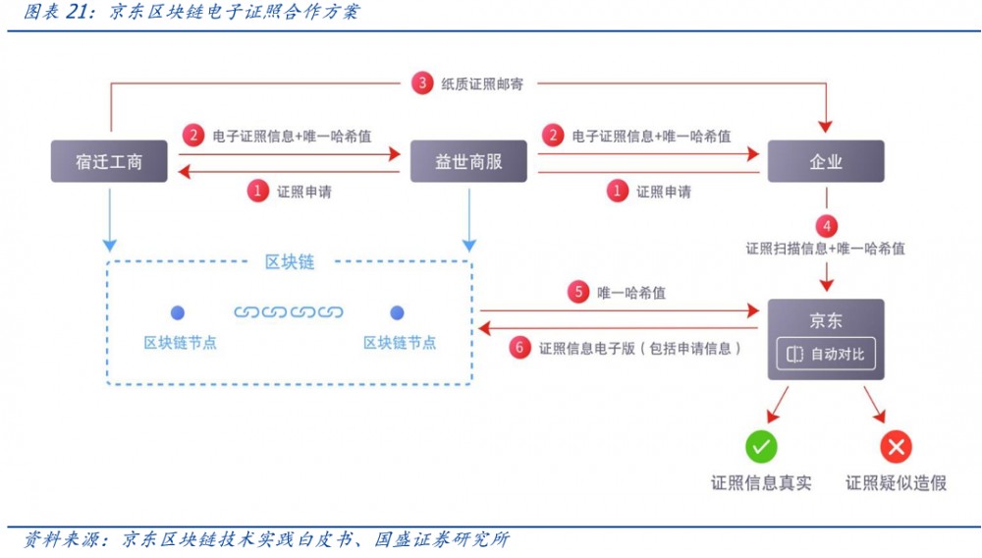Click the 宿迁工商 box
click(109, 161)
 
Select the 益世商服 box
click(467, 161)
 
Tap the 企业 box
click(825, 161)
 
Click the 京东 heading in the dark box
click(825, 321)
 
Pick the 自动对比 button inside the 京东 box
click(826, 354)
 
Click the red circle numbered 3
click(422, 84)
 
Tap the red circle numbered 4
click(826, 224)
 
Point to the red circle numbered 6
click(520, 347)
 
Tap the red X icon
click(895, 447)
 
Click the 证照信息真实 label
click(761, 482)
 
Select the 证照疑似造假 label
click(896, 482)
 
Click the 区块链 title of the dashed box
click(290, 261)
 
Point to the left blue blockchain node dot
click(178, 312)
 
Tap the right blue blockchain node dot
click(398, 312)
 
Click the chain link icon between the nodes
click(288, 312)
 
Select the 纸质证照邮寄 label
click(477, 84)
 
